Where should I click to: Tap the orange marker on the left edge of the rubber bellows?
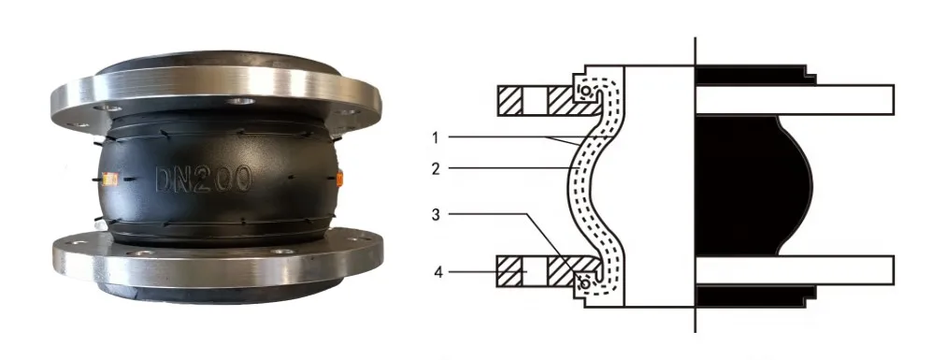(111, 179)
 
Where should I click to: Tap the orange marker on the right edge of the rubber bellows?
(339, 176)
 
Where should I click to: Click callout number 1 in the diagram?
(436, 137)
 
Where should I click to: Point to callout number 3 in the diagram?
(436, 214)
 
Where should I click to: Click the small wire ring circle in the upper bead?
(585, 94)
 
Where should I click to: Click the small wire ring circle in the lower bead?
(585, 280)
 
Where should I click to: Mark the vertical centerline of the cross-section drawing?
(695, 187)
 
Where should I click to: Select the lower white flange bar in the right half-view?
(795, 271)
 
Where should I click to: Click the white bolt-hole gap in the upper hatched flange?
(537, 98)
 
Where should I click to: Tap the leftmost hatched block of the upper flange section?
(510, 98)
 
